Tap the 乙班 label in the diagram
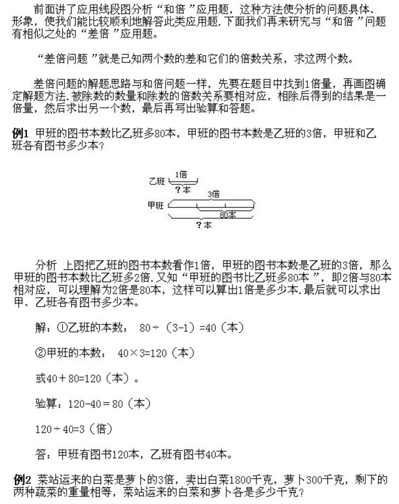pos(157,181)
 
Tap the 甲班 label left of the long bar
pos(155,206)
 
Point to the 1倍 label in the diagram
pos(181,175)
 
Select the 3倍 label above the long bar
pos(213,194)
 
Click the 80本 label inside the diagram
pos(228,215)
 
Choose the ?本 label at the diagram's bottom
pos(204,225)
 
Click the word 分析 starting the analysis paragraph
pos(46,265)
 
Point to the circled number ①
pos(62,328)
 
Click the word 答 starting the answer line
pos(41,454)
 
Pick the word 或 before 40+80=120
pos(41,378)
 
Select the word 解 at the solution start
pos(41,328)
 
